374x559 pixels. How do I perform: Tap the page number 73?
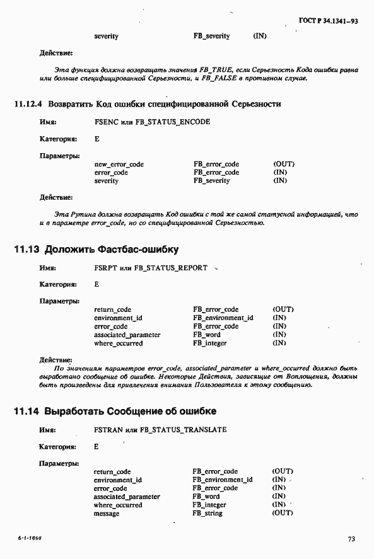[x=351, y=539]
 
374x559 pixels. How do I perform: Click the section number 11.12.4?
[x=28, y=103]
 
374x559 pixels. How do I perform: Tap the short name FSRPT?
[x=105, y=268]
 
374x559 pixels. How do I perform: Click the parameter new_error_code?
[x=119, y=164]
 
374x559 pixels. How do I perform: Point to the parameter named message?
[x=106, y=513]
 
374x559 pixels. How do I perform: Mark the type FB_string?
[x=209, y=513]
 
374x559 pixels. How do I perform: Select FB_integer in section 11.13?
[x=210, y=343]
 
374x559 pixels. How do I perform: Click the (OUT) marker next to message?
[x=283, y=513]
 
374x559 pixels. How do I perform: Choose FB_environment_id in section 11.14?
[x=223, y=480]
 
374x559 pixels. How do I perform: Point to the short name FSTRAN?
[x=107, y=430]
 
